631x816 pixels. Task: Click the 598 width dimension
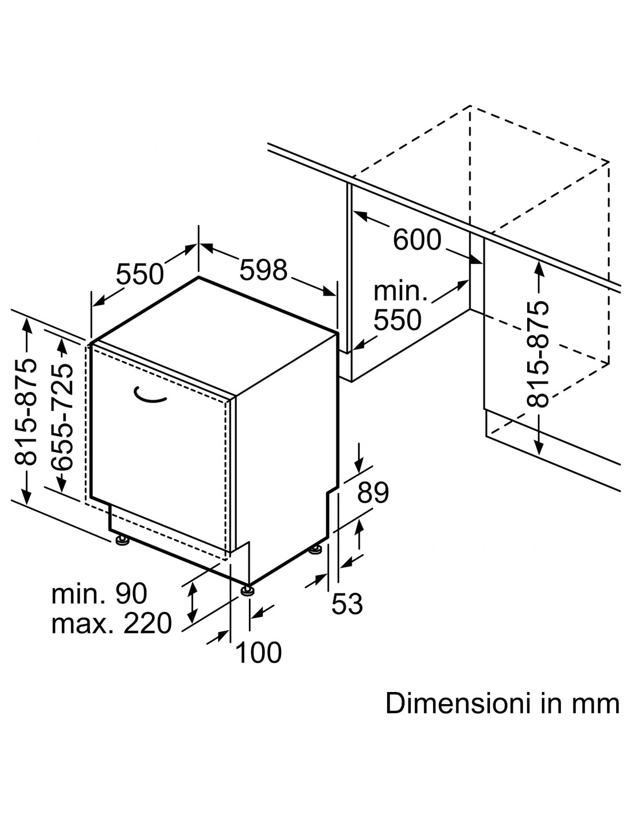(263, 269)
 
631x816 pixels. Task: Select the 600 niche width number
(417, 239)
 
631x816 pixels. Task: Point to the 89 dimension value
(373, 492)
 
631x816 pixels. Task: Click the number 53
(348, 604)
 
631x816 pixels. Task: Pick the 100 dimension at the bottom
(259, 652)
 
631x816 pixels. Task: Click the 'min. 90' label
(99, 593)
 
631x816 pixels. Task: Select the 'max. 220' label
(112, 623)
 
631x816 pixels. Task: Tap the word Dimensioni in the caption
(458, 704)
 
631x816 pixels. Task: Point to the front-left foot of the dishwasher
(121, 541)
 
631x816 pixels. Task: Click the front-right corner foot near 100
(247, 590)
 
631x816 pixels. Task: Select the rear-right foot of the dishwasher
(315, 549)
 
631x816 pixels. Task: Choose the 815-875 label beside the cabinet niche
(539, 354)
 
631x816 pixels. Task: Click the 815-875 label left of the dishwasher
(26, 411)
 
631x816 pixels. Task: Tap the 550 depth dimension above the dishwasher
(139, 274)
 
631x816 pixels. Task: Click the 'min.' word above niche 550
(400, 292)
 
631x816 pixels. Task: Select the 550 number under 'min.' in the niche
(398, 319)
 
